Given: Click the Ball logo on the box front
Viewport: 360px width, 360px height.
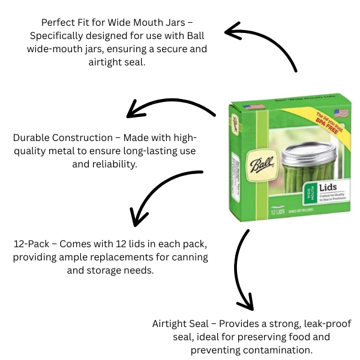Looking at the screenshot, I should tap(264, 166).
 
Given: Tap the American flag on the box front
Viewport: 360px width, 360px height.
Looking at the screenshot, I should tap(340, 113).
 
